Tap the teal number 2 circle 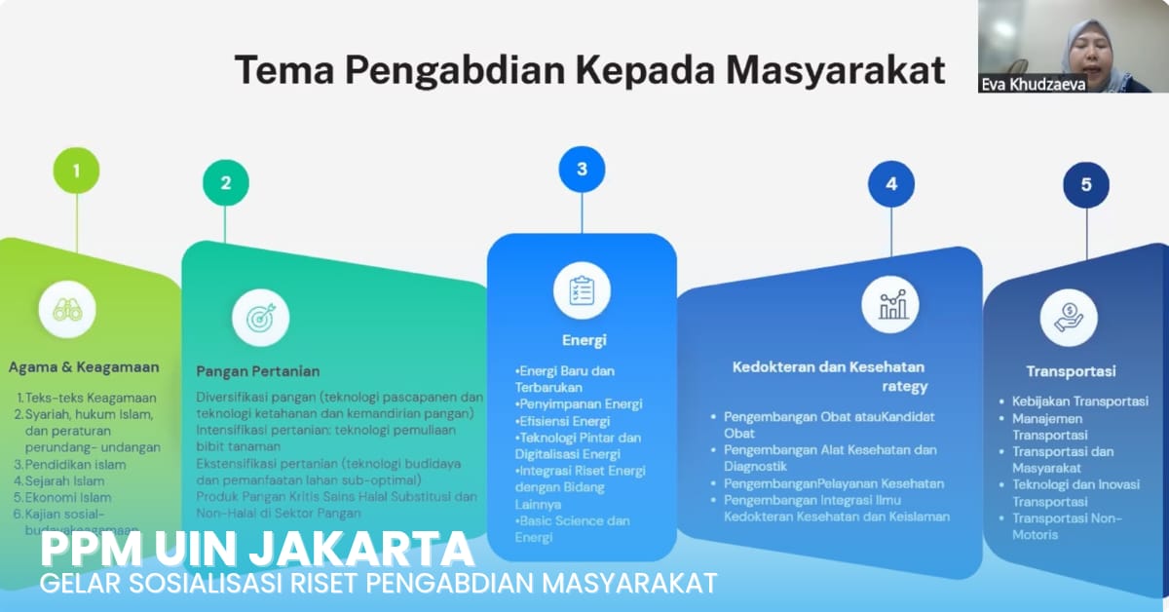226,183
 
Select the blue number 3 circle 582,169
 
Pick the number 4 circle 891,183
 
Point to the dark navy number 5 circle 1086,184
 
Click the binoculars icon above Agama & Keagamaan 67,310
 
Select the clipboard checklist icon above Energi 582,290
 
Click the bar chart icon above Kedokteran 890,304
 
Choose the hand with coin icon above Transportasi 1069,318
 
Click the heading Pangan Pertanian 258,371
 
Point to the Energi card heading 584,340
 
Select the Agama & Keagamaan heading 84,367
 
